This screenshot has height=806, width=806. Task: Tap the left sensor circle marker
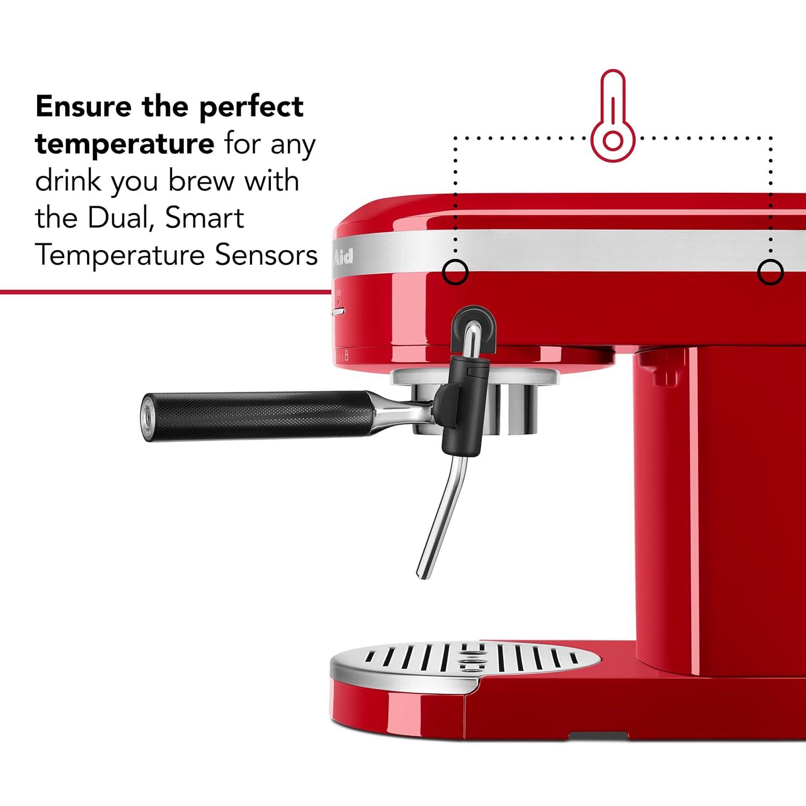point(455,272)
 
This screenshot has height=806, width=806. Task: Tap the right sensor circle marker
point(770,272)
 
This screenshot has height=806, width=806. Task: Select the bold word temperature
point(125,144)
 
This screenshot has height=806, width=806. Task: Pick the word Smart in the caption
point(205,218)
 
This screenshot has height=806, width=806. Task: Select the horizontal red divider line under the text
point(161,292)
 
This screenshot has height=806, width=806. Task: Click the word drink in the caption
point(68,181)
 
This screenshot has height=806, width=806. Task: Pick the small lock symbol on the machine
point(347,355)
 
